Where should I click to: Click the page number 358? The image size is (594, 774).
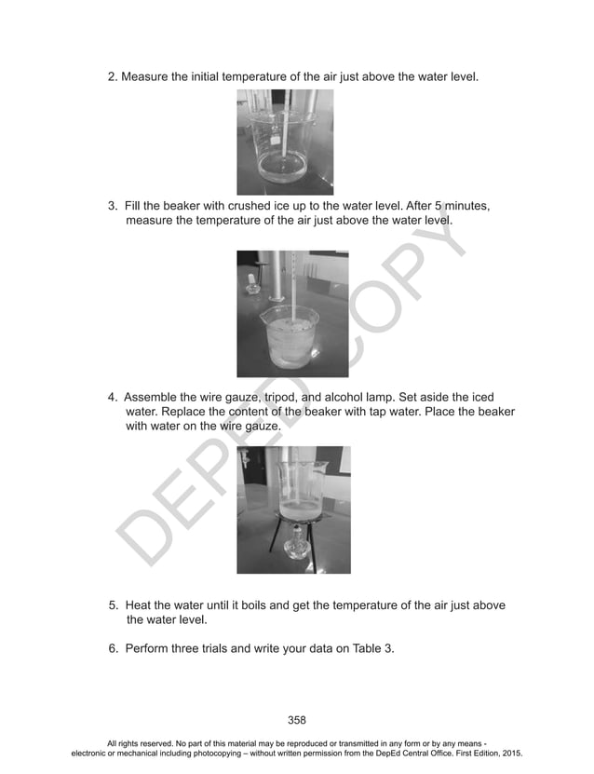[296, 719]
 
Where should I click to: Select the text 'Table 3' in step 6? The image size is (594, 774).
[373, 648]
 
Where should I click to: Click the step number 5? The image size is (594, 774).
[114, 604]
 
